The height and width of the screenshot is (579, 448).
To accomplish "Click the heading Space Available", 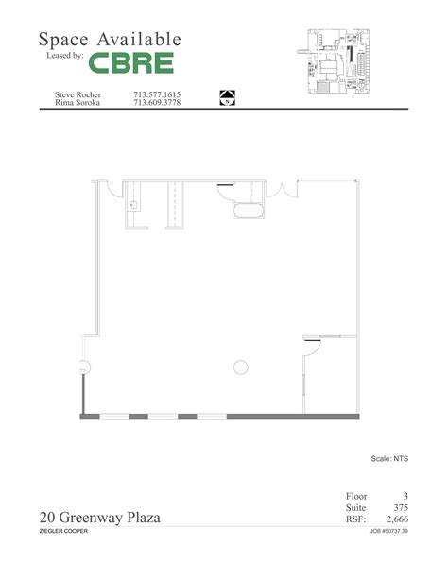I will pyautogui.click(x=109, y=39).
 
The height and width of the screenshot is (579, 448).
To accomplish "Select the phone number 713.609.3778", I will pyautogui.click(x=157, y=104).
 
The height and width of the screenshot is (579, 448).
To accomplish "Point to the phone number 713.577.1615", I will pyautogui.click(x=157, y=94).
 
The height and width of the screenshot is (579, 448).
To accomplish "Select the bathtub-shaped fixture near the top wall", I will pyautogui.click(x=248, y=211).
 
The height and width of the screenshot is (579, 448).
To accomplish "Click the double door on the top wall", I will pyautogui.click(x=283, y=187).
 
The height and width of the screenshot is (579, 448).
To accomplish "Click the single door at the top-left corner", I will pyautogui.click(x=110, y=187).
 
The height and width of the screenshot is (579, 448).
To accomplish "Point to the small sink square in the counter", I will pyautogui.click(x=134, y=203).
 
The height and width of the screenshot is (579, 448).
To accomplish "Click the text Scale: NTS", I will pyautogui.click(x=388, y=460).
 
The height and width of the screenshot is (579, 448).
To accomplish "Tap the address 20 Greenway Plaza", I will pyautogui.click(x=100, y=518).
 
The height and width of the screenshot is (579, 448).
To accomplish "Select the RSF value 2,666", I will pyautogui.click(x=394, y=519).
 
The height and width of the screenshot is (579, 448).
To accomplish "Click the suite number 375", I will pyautogui.click(x=398, y=507).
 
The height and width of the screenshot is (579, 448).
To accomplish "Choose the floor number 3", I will pyautogui.click(x=405, y=496).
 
